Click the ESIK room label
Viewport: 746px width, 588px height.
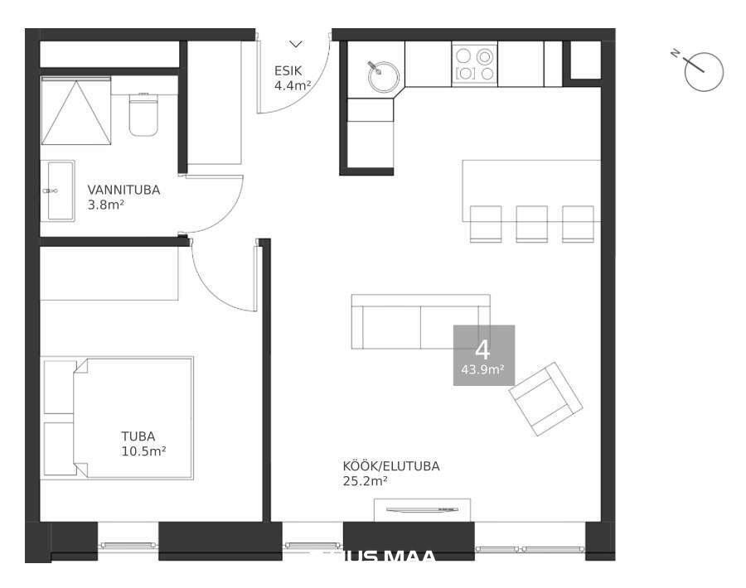pyautogui.click(x=288, y=70)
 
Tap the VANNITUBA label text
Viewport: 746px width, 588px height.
pyautogui.click(x=124, y=190)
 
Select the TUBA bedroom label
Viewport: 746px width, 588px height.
pyautogui.click(x=138, y=436)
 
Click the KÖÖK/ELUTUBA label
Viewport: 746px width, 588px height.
pyautogui.click(x=391, y=466)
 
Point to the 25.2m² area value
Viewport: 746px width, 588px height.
pyautogui.click(x=366, y=480)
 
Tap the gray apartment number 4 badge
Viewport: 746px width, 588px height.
pyautogui.click(x=483, y=354)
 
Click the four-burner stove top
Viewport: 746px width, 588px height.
pyautogui.click(x=475, y=65)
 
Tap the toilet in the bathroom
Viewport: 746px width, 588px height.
pyautogui.click(x=143, y=113)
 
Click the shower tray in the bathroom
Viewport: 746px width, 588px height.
pyautogui.click(x=76, y=111)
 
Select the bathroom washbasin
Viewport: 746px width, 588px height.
pyautogui.click(x=61, y=190)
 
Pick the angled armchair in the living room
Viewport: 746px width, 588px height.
pyautogui.click(x=545, y=398)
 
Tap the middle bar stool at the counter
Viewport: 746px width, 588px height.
pyautogui.click(x=531, y=223)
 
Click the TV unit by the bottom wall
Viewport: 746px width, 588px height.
pyautogui.click(x=422, y=509)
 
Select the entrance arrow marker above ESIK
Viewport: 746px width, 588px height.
pyautogui.click(x=296, y=44)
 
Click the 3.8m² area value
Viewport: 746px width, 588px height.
pyautogui.click(x=105, y=204)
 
